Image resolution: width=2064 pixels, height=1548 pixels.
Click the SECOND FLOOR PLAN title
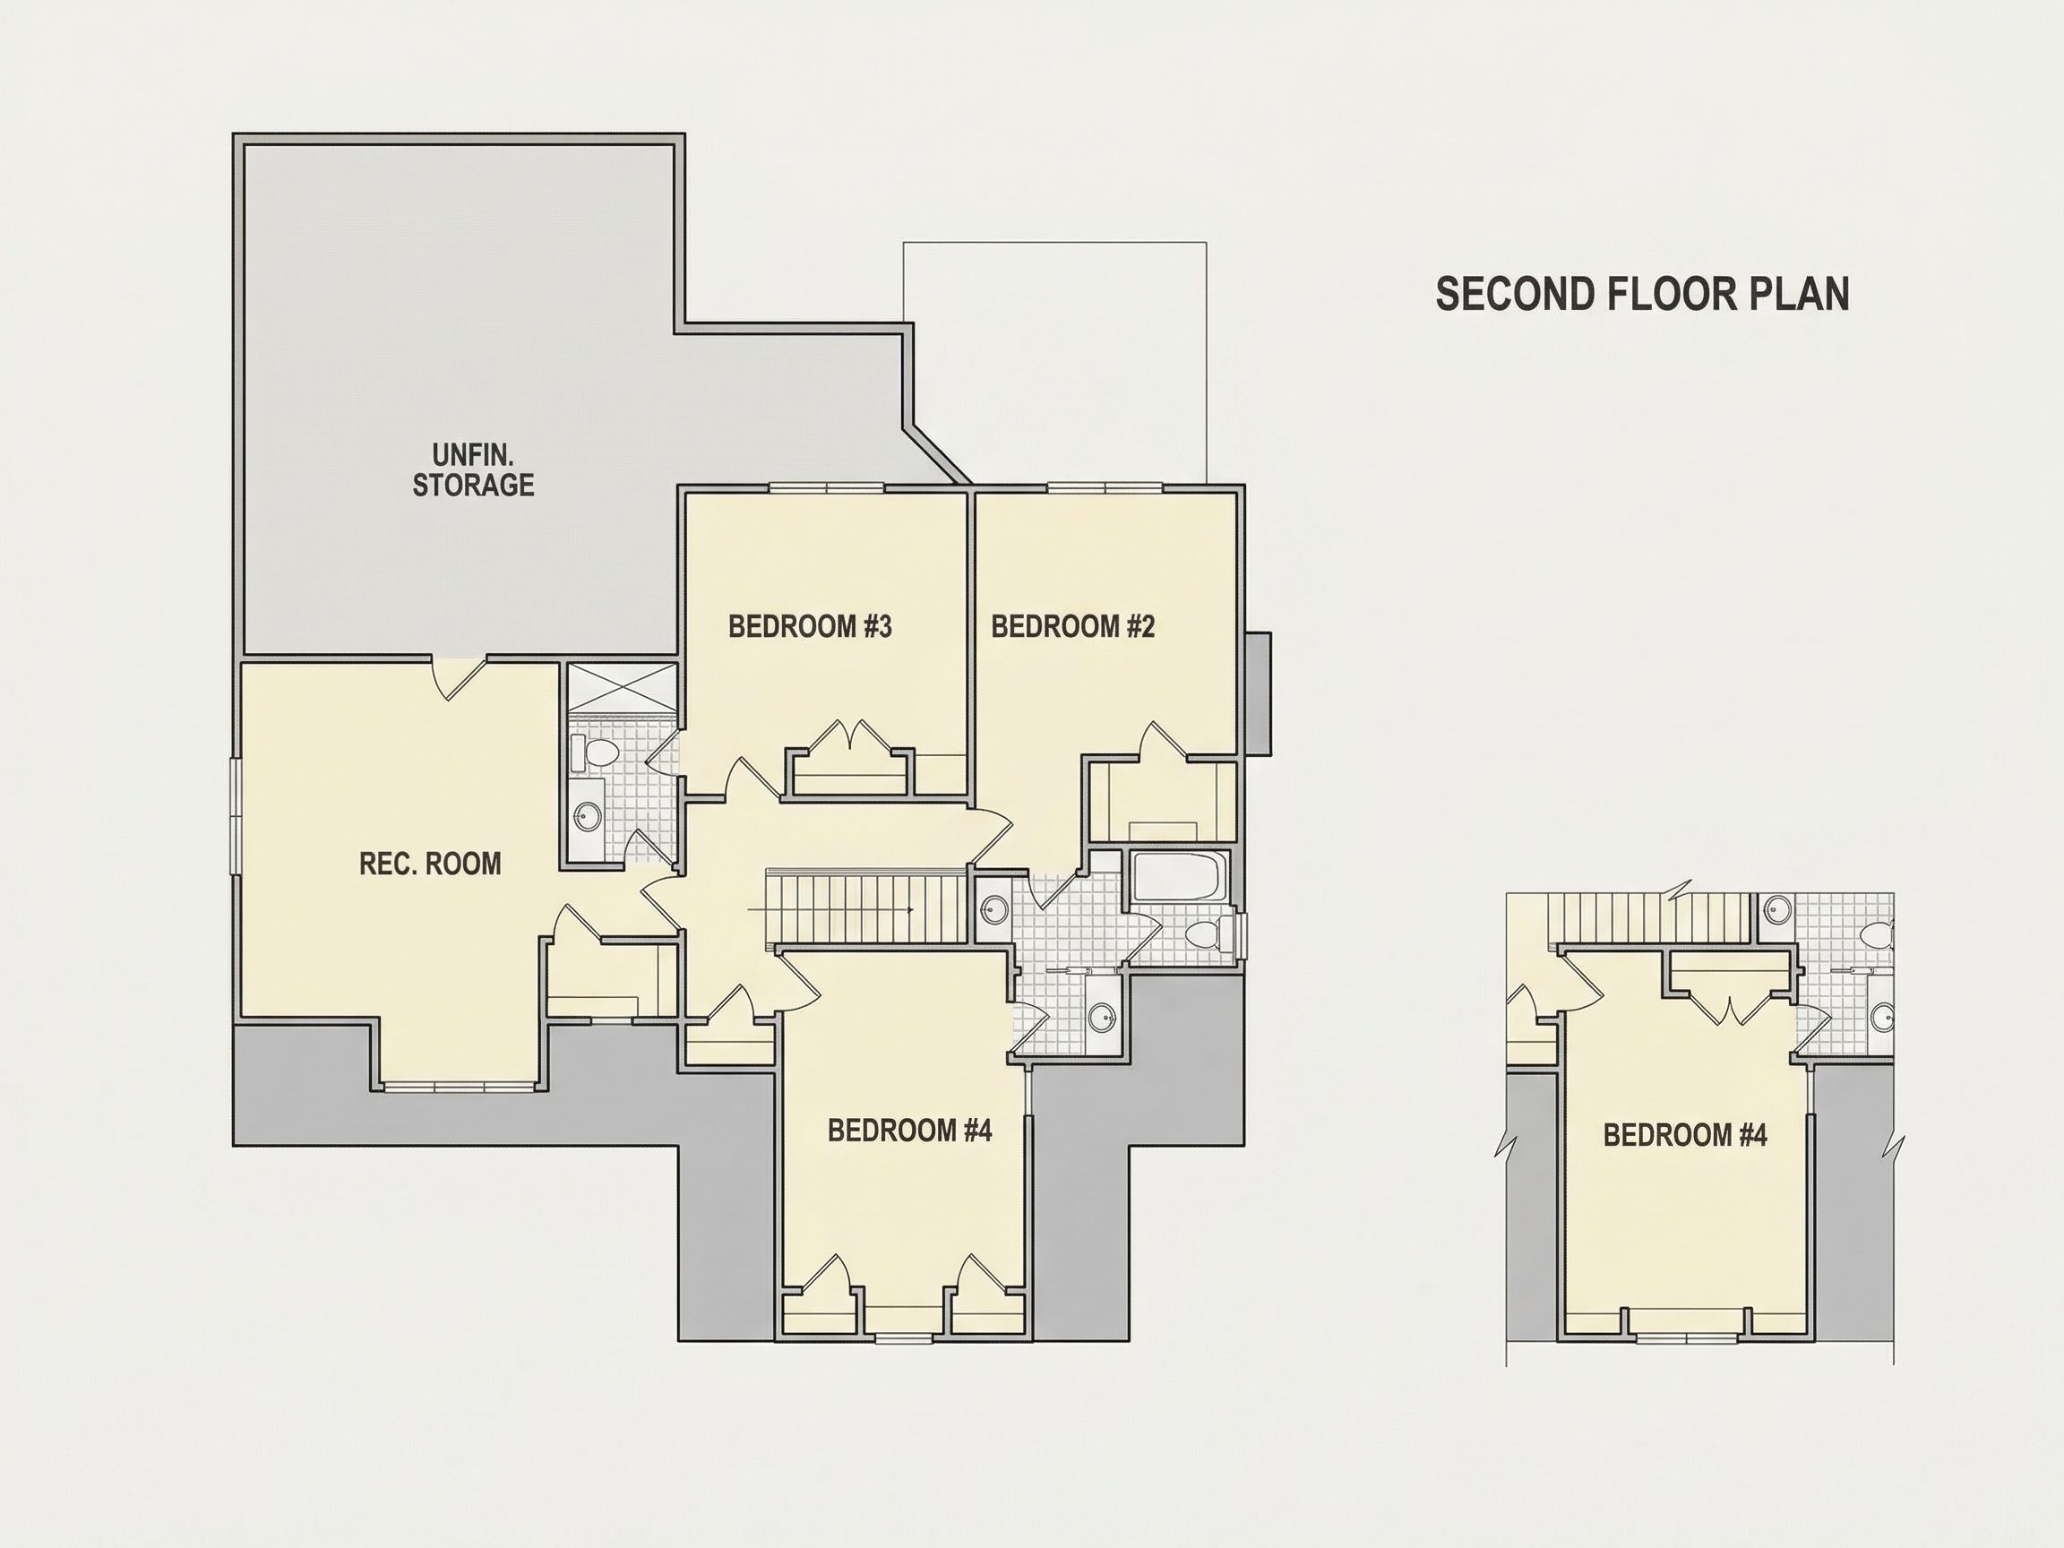click(1642, 294)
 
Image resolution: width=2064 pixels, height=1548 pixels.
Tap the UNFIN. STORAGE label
click(473, 470)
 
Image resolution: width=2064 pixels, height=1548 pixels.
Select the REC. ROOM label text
click(430, 864)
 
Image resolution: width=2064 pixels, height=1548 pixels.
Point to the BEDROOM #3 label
click(810, 626)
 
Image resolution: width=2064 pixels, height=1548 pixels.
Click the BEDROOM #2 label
click(1073, 626)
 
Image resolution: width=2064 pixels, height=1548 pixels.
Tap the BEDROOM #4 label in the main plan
click(910, 1130)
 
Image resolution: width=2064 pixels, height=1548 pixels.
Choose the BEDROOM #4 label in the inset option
click(1685, 1136)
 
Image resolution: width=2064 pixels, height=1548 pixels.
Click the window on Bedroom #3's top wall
click(827, 487)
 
